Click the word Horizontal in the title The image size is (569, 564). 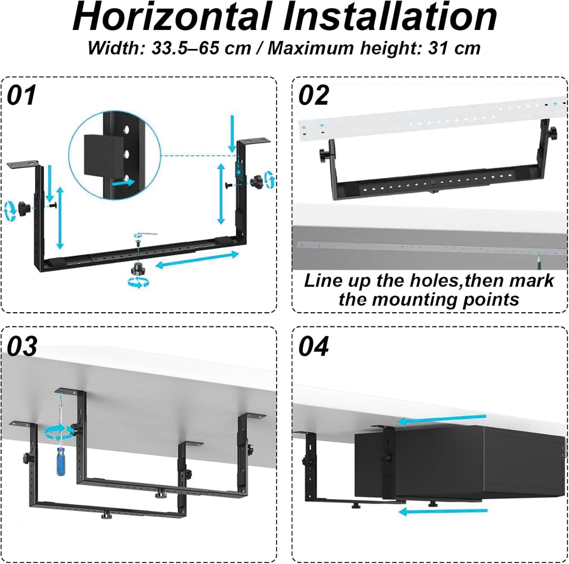[x=172, y=16]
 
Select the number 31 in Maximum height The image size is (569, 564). [x=437, y=48]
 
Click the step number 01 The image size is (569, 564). [x=22, y=95]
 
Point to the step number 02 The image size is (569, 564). [x=313, y=95]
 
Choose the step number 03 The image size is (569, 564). [x=22, y=346]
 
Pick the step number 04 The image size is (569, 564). [x=313, y=346]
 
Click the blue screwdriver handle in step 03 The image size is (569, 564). [x=61, y=461]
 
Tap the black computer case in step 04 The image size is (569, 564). [x=459, y=462]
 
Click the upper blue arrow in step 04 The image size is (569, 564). [x=442, y=419]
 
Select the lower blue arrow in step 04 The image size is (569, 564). [x=443, y=511]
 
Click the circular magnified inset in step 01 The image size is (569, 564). [x=115, y=155]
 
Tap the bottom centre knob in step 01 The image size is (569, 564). [x=137, y=269]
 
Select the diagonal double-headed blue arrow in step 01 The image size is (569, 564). [x=197, y=260]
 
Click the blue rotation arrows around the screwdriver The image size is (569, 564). [x=59, y=432]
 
